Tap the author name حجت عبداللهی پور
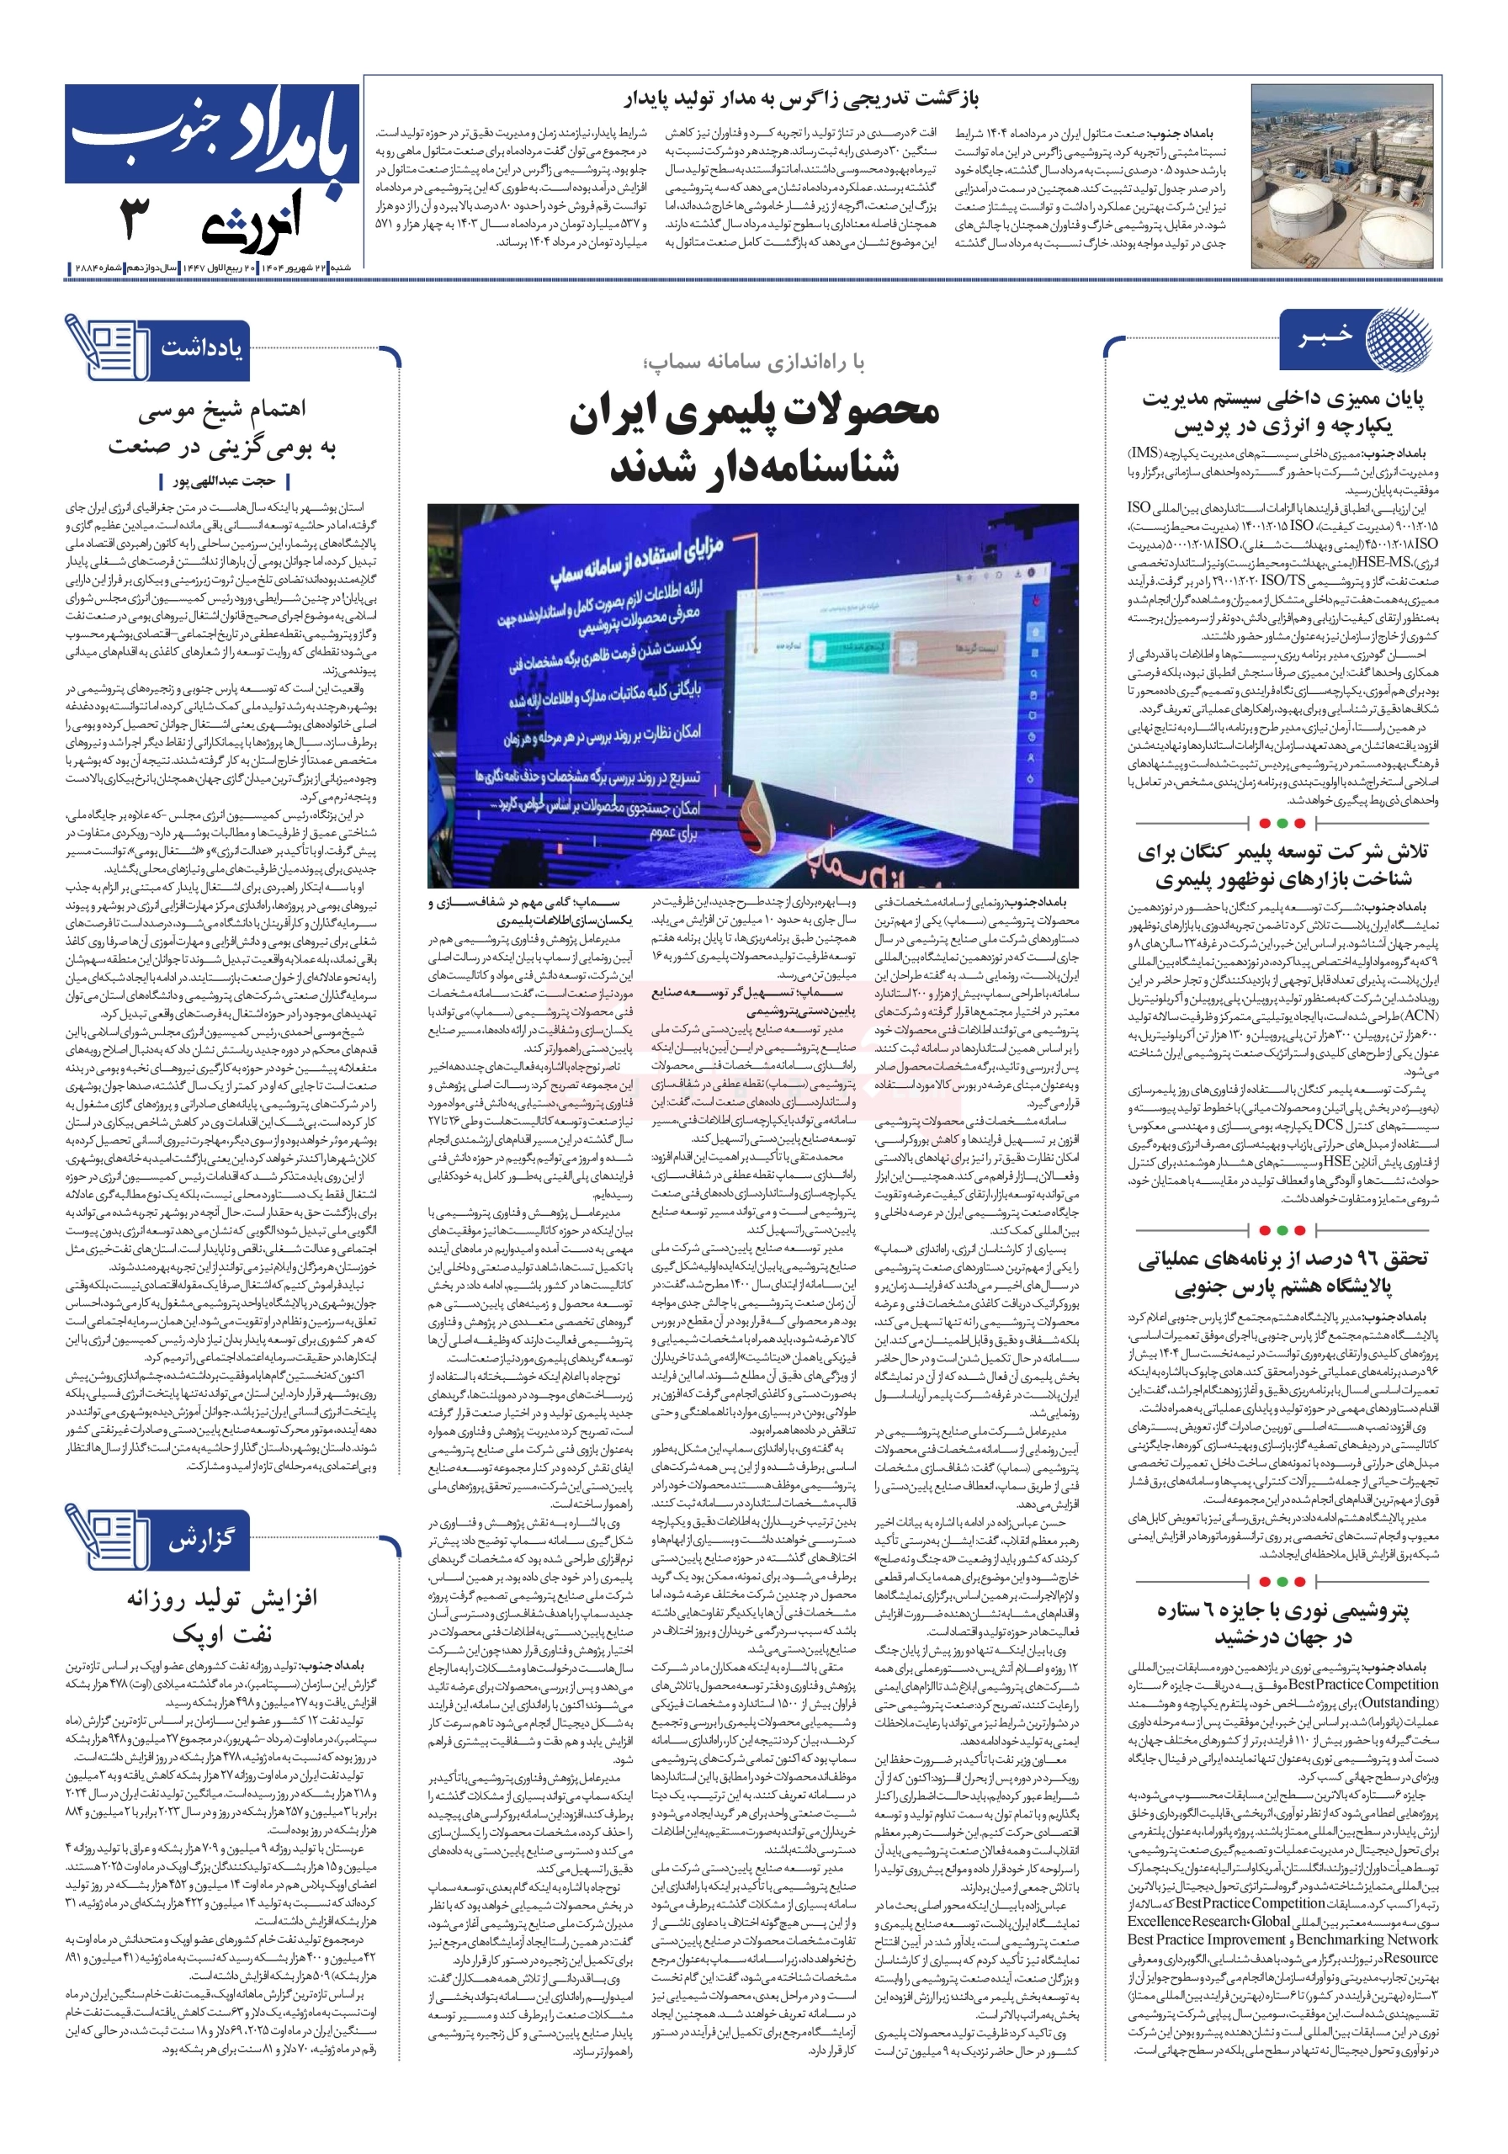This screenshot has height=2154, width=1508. pos(225,481)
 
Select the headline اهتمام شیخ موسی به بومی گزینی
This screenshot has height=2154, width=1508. pos(221,429)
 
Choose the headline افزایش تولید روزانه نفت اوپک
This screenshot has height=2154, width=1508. pos(222,1614)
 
